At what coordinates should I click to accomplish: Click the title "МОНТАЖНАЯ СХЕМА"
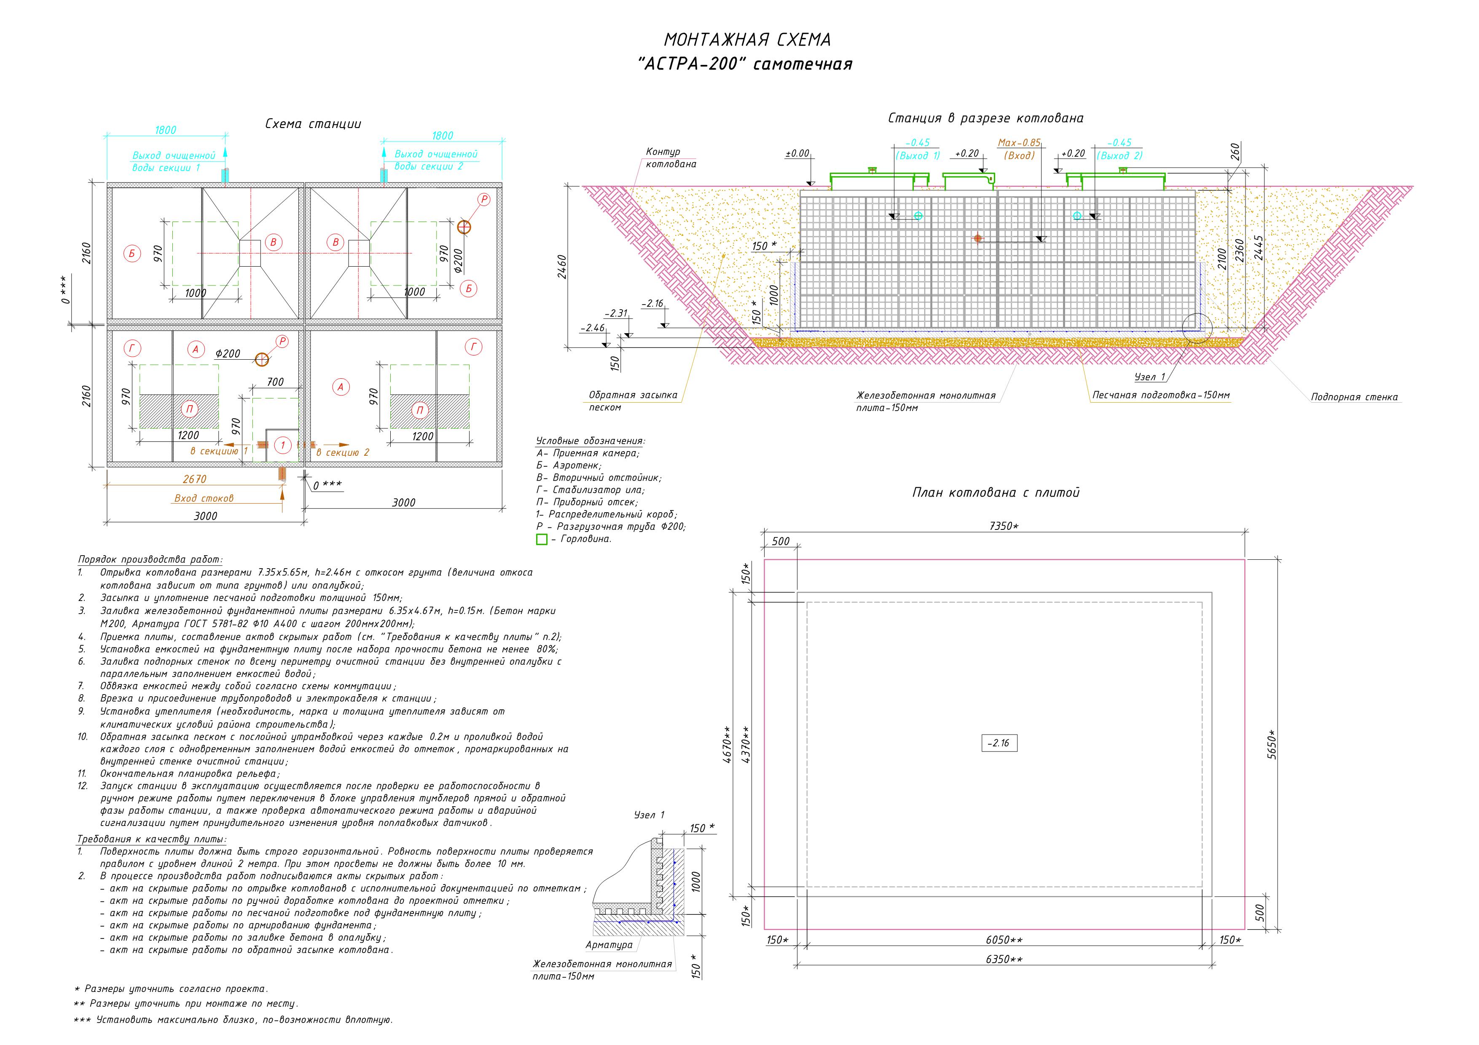[747, 40]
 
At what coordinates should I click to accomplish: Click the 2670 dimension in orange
[195, 479]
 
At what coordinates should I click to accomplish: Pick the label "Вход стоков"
[204, 498]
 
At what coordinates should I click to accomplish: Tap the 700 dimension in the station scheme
[275, 382]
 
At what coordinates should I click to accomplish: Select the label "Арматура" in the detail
[609, 945]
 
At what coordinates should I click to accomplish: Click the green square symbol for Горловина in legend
[542, 540]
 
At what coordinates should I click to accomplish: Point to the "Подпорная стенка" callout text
[1355, 397]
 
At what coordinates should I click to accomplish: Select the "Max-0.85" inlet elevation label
[1019, 142]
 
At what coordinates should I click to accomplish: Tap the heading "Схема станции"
[313, 124]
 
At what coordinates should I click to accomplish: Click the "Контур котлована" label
[671, 158]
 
